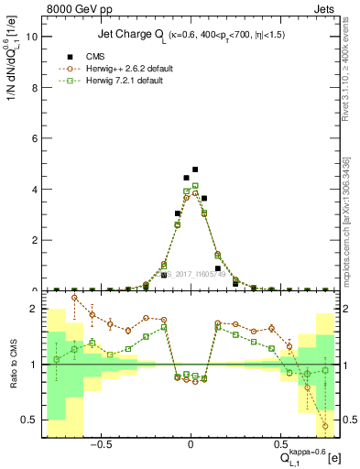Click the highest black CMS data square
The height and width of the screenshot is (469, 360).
coord(195,169)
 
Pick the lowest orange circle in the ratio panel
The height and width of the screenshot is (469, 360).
coord(325,426)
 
